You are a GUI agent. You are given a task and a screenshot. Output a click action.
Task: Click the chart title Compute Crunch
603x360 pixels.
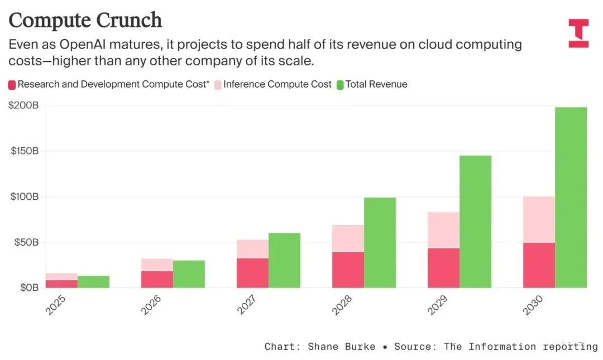85,20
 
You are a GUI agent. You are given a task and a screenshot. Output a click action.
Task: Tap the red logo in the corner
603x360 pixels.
578,33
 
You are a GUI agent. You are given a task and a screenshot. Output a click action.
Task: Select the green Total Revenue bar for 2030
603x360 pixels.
571,198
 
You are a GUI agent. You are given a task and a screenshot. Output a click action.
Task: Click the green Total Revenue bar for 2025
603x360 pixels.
93,282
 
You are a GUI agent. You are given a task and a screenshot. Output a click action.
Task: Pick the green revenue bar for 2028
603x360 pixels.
380,243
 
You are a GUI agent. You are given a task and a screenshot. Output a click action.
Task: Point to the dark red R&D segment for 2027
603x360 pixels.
252,273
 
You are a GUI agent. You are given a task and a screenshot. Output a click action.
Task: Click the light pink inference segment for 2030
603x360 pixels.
539,219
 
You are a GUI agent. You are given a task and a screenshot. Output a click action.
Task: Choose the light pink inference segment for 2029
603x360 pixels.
443,230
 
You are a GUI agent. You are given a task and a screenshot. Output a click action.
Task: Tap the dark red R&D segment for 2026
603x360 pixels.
157,279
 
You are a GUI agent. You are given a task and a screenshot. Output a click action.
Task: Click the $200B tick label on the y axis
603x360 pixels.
23,105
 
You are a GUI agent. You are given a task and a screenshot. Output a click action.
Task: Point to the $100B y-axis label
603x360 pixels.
23,196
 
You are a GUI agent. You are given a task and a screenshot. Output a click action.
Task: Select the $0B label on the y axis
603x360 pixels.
27,287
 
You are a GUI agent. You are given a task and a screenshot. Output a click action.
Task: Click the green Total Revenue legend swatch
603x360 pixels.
339,85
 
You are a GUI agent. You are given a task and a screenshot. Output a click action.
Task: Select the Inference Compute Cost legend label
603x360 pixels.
277,85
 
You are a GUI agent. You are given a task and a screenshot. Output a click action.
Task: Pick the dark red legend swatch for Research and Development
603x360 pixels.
12,85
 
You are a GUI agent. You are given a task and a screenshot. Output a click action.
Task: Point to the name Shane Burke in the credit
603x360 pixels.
342,347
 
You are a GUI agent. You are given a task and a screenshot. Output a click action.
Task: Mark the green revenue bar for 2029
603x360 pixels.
475,222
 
